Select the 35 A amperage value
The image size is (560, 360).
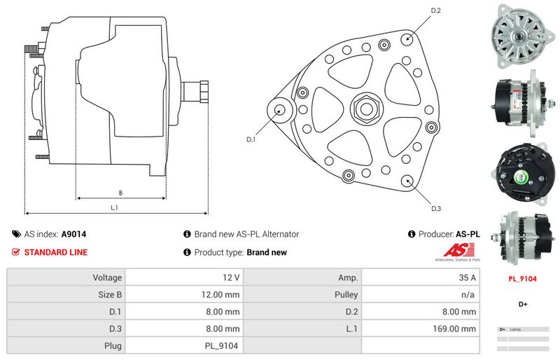click(x=467, y=277)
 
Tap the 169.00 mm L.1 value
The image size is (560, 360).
click(x=455, y=328)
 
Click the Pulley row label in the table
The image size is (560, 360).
click(x=347, y=294)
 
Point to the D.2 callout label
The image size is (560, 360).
click(x=435, y=11)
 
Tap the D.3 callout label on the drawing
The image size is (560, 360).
click(x=436, y=208)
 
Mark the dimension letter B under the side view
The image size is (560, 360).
click(x=120, y=193)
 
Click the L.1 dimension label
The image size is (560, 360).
click(x=114, y=207)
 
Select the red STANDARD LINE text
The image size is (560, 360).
click(x=56, y=252)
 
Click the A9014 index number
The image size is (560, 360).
click(x=73, y=235)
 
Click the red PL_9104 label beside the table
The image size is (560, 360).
click(x=521, y=279)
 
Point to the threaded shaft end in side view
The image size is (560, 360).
click(x=195, y=92)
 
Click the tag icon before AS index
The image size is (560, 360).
click(x=16, y=235)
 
